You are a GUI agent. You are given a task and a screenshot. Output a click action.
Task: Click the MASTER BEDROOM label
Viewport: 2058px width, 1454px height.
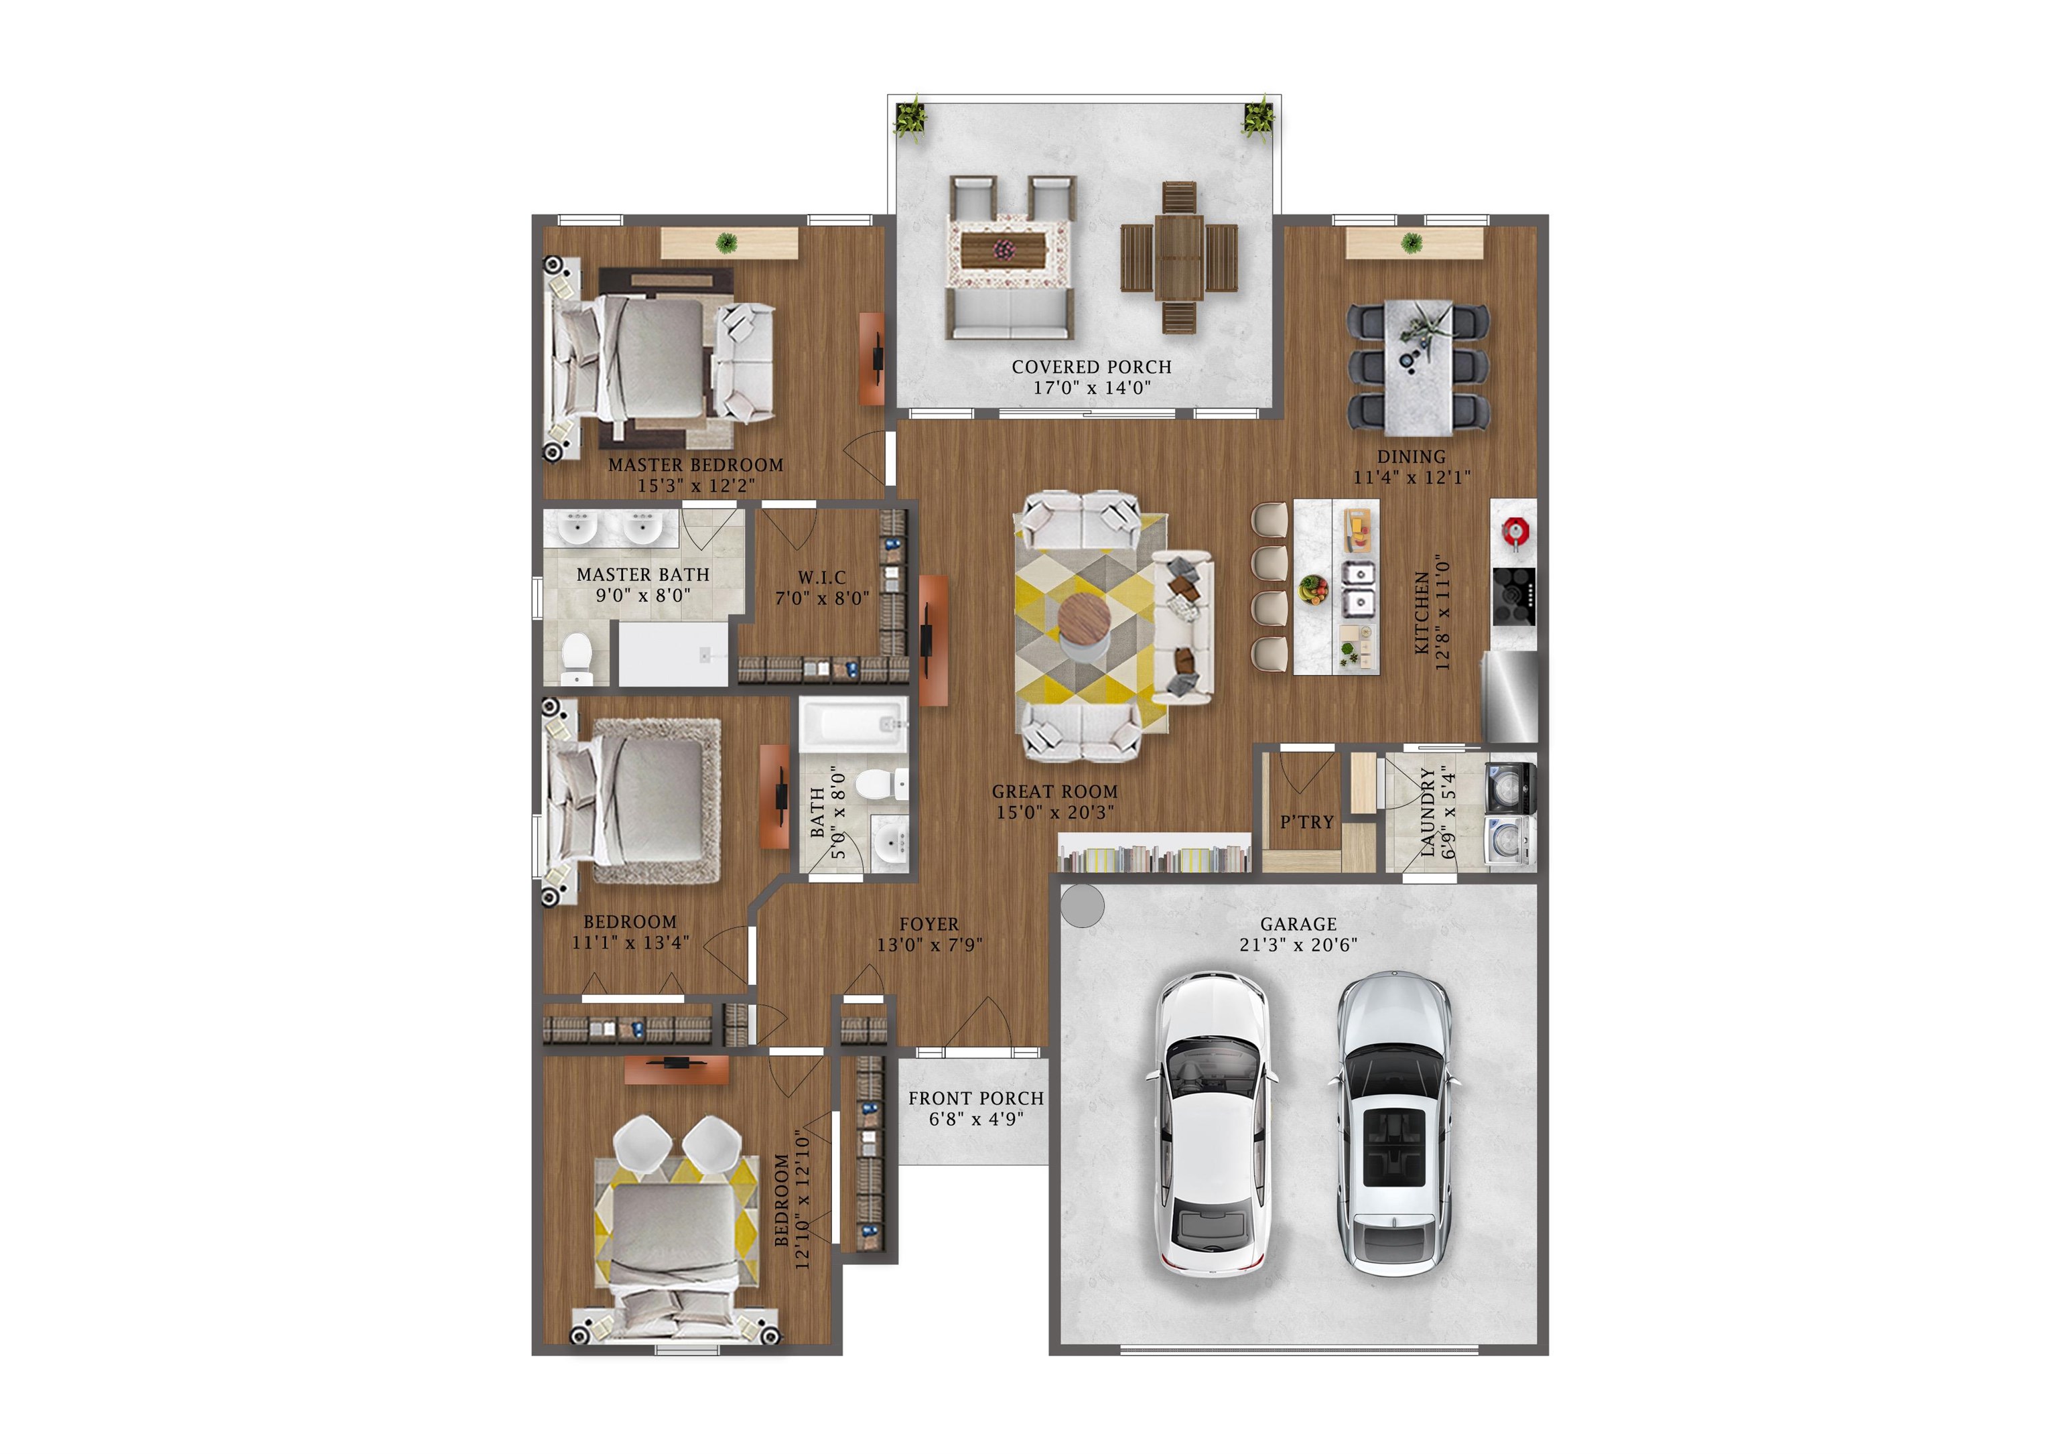pyautogui.click(x=695, y=465)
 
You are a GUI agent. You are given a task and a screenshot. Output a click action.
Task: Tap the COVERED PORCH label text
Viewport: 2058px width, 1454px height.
pyautogui.click(x=1091, y=367)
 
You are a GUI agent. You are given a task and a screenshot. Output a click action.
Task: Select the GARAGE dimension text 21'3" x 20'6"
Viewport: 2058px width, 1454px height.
pyautogui.click(x=1298, y=945)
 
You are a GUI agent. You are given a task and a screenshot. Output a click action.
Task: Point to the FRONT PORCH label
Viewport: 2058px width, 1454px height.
pyautogui.click(x=975, y=1098)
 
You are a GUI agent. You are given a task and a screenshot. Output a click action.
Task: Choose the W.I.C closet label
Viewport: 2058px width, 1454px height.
pyautogui.click(x=822, y=578)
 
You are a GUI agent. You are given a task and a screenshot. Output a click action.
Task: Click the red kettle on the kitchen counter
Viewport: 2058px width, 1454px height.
pyautogui.click(x=1515, y=531)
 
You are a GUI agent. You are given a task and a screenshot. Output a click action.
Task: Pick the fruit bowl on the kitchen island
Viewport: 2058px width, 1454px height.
pyautogui.click(x=1313, y=589)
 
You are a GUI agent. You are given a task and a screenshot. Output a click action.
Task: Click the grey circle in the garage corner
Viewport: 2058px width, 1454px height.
pyautogui.click(x=1083, y=907)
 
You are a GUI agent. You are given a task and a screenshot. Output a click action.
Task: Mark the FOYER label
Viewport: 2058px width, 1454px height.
pyautogui.click(x=929, y=924)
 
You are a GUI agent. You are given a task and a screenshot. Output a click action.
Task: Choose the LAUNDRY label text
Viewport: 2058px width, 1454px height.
pyautogui.click(x=1428, y=811)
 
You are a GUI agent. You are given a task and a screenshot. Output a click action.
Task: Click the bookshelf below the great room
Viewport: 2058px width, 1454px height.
pyautogui.click(x=1154, y=857)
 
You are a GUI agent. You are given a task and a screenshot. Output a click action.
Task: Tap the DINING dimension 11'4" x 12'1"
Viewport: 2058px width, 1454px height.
pyautogui.click(x=1411, y=478)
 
